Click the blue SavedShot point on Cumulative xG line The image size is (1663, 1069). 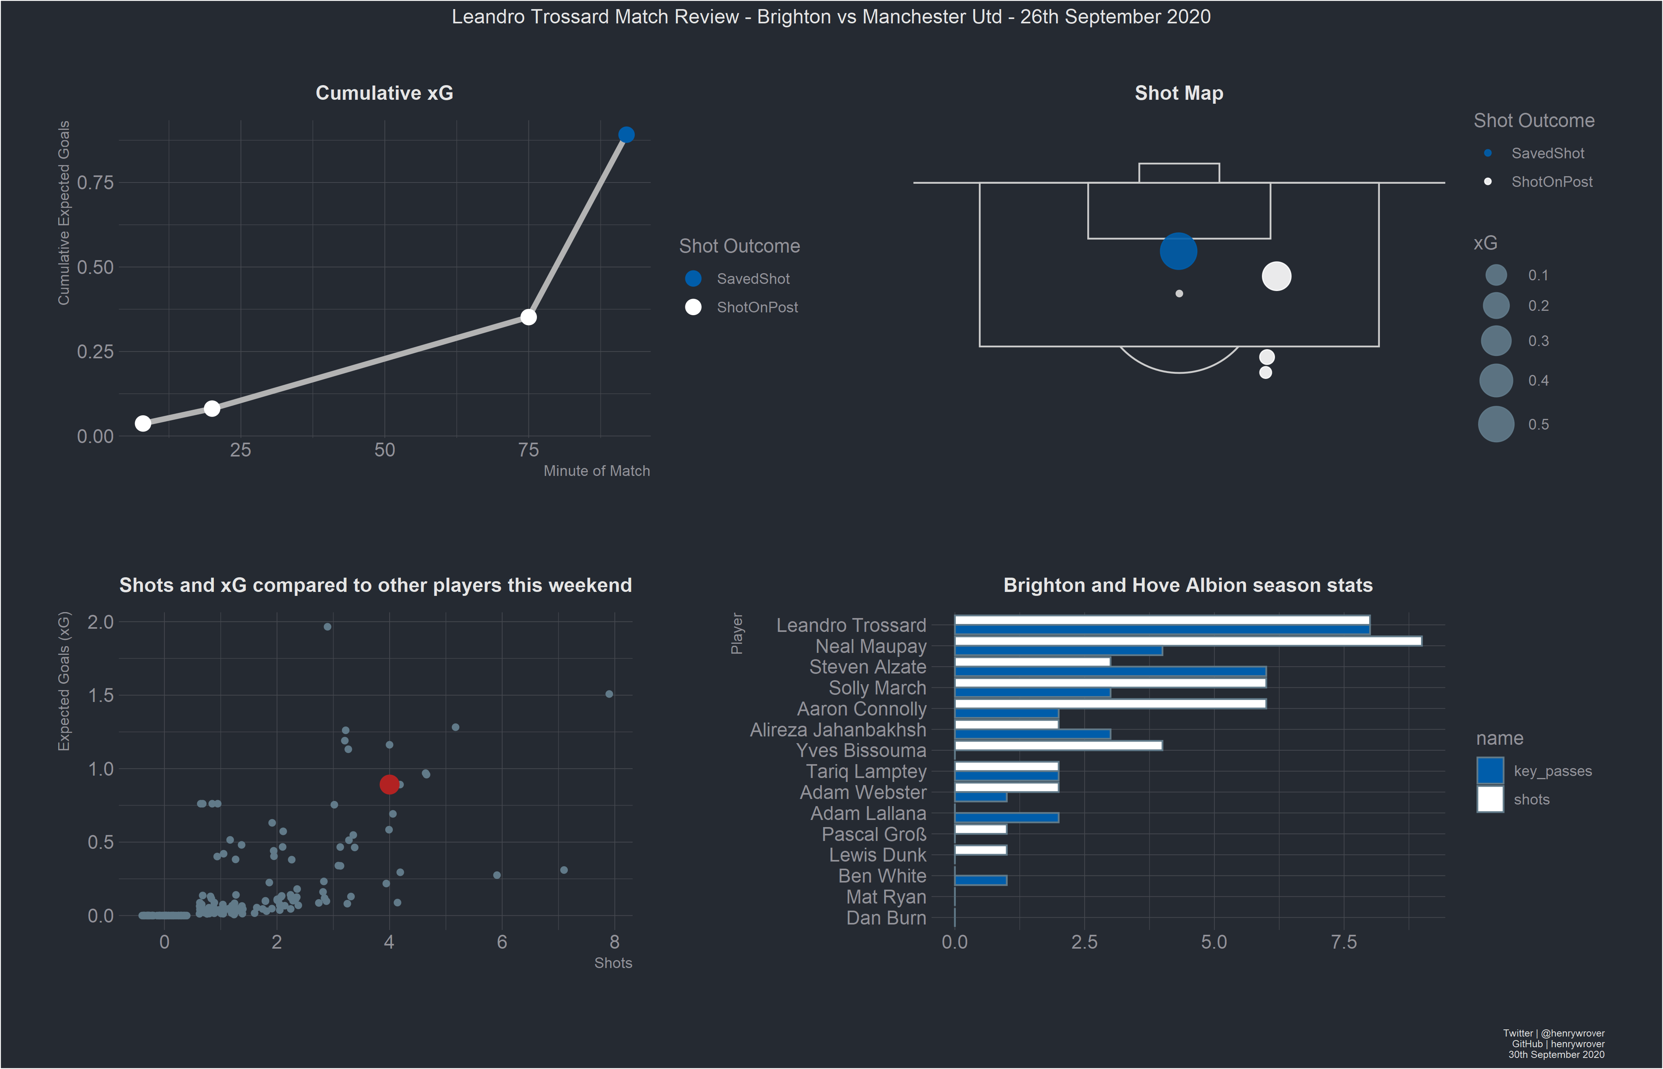tap(626, 135)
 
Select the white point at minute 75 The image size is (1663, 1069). tap(528, 317)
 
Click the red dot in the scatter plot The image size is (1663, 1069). tap(389, 784)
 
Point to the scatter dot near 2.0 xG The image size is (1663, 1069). tap(327, 627)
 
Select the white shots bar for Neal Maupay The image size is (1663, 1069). tap(1187, 641)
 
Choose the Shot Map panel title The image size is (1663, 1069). tap(1178, 93)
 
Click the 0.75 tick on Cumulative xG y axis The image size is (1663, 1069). tap(95, 183)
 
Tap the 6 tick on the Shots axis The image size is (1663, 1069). tap(502, 942)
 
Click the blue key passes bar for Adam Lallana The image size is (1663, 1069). tap(1007, 818)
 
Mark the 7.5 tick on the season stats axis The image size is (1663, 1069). tap(1344, 942)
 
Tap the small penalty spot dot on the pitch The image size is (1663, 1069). tap(1178, 294)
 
